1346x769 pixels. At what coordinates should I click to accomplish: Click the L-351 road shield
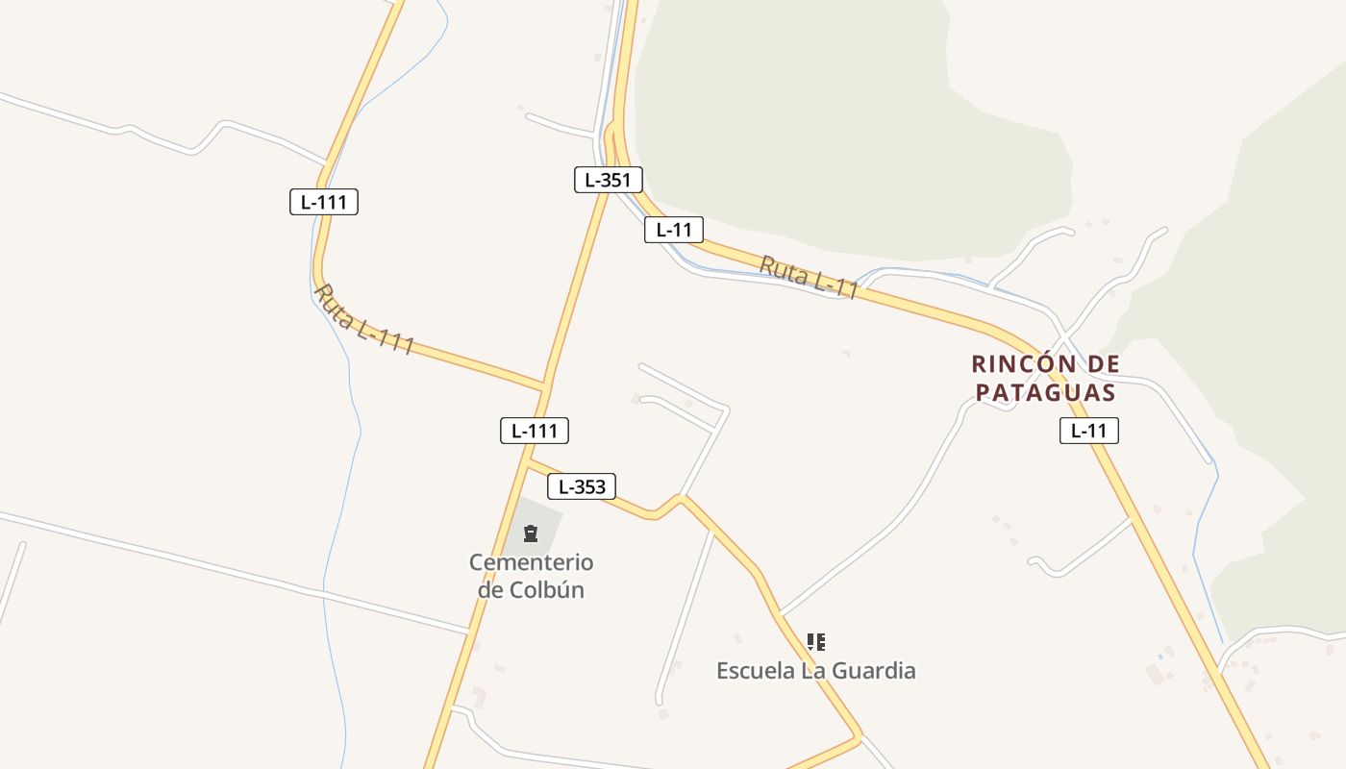[x=608, y=180]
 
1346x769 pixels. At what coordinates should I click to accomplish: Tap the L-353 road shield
[x=582, y=486]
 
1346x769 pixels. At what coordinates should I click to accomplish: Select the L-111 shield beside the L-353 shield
[x=535, y=431]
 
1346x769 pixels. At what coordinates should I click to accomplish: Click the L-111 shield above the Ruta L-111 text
[x=324, y=202]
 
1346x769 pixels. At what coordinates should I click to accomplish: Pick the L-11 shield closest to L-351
[x=674, y=230]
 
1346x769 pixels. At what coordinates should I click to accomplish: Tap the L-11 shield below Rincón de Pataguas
[x=1089, y=431]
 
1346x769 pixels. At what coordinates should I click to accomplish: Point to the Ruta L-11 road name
[x=809, y=278]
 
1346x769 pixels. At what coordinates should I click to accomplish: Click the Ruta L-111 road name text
[x=364, y=319]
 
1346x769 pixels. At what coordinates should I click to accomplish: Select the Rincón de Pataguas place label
[x=1045, y=378]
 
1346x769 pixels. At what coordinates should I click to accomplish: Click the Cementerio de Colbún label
[x=531, y=576]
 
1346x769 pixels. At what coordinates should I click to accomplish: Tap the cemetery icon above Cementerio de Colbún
[x=531, y=533]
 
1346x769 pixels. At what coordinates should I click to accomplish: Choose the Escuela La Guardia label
[x=816, y=670]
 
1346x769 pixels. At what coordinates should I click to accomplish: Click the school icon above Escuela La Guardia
[x=816, y=641]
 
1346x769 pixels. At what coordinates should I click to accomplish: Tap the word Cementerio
[x=531, y=562]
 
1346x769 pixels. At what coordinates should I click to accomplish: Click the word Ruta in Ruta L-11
[x=783, y=269]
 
